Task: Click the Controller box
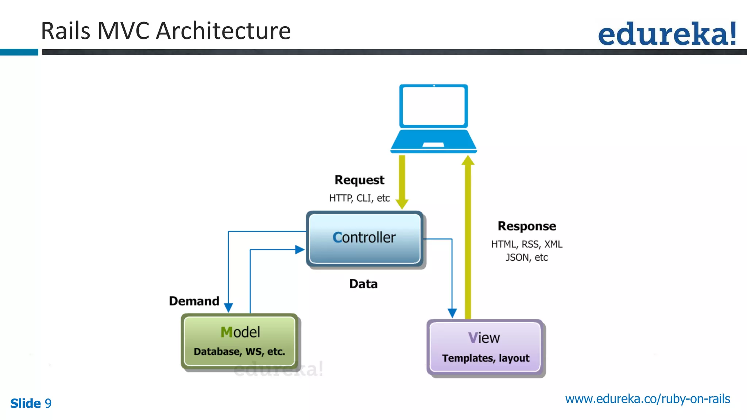click(364, 238)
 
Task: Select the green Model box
click(240, 341)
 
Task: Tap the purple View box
click(485, 347)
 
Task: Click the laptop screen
click(433, 106)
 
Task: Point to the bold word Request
click(359, 180)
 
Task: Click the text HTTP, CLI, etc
click(359, 198)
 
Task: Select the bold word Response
click(527, 226)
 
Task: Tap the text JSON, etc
click(526, 257)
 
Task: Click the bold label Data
click(363, 284)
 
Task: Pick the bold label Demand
click(194, 301)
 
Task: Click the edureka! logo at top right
click(667, 34)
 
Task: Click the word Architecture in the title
click(223, 31)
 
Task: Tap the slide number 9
click(48, 403)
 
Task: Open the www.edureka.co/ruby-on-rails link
click(647, 399)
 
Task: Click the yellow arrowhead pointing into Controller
click(402, 204)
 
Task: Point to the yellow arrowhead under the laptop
click(468, 160)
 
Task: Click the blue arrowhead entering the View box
click(452, 313)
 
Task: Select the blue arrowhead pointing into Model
click(228, 307)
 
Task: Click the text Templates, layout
click(485, 358)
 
